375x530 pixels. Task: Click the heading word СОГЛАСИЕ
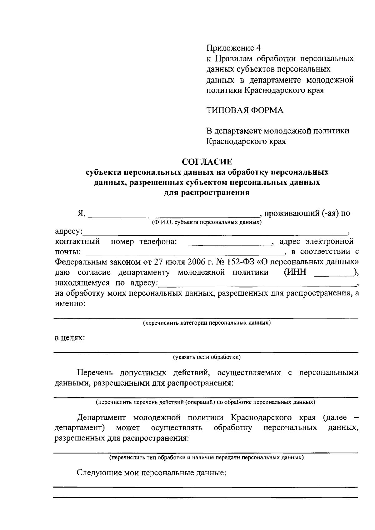[x=207, y=162]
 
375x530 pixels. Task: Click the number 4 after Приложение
[x=258, y=48]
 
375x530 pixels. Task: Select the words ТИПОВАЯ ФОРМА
[x=245, y=110]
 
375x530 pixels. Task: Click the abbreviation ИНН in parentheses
[x=295, y=272]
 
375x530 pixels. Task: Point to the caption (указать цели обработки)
[x=207, y=357]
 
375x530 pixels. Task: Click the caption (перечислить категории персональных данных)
[x=207, y=322]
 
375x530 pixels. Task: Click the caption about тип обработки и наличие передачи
[x=206, y=457]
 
